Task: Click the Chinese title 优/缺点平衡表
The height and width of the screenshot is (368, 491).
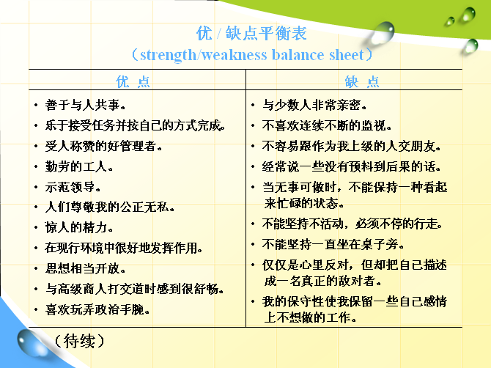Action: click(x=251, y=33)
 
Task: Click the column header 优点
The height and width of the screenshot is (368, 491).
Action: click(x=133, y=81)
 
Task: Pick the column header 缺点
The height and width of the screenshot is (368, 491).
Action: click(x=362, y=81)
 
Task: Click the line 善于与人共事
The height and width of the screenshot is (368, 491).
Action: click(x=85, y=105)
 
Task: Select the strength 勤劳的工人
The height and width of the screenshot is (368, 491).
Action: click(x=79, y=166)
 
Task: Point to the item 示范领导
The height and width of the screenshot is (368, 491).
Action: click(x=73, y=187)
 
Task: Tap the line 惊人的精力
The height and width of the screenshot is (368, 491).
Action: click(x=79, y=227)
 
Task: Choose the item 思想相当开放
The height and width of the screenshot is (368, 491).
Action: click(x=85, y=268)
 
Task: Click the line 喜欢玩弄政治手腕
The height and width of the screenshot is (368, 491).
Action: click(x=97, y=309)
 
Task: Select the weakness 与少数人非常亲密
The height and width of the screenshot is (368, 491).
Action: click(x=314, y=105)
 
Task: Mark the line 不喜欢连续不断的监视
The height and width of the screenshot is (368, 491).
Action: click(x=327, y=125)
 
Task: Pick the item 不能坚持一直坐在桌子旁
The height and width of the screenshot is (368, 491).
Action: click(x=333, y=244)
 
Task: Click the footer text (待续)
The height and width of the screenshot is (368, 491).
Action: click(x=79, y=341)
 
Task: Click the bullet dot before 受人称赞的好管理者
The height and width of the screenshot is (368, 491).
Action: click(x=37, y=147)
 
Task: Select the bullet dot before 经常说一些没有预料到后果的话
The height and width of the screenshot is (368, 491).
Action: click(x=253, y=167)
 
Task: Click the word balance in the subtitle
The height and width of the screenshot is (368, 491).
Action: click(x=298, y=55)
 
